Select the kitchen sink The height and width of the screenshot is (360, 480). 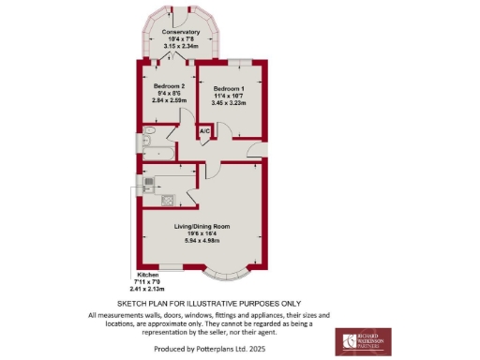coord(148,181)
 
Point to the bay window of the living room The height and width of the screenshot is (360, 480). coord(228,276)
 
